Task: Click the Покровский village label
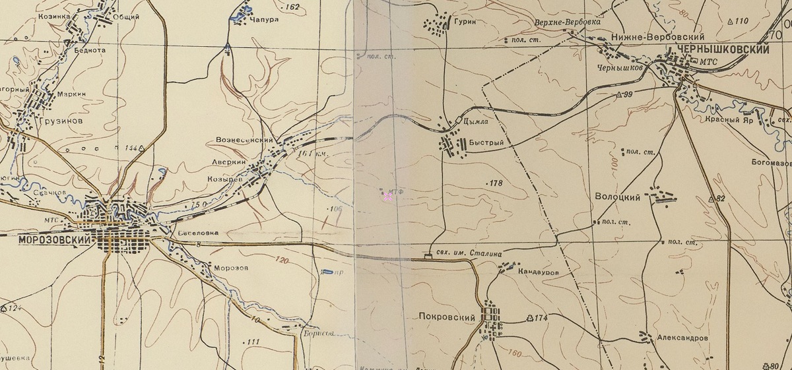(x=447, y=317)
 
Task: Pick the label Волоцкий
(x=618, y=197)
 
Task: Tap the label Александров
(x=682, y=338)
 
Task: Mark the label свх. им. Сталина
(x=468, y=253)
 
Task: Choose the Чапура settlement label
(x=265, y=20)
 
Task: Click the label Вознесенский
(x=244, y=140)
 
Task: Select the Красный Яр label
(x=729, y=121)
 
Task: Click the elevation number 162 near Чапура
(x=292, y=7)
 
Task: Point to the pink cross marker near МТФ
(x=388, y=196)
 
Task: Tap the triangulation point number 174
(x=541, y=319)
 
